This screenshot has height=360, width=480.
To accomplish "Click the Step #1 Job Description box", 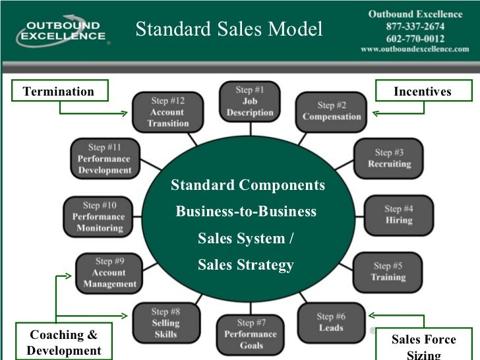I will click(x=250, y=102).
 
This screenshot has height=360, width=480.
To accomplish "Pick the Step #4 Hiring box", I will click(x=398, y=215).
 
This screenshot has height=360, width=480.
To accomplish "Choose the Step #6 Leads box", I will click(x=331, y=322).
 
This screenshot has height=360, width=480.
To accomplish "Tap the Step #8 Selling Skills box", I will click(x=165, y=322).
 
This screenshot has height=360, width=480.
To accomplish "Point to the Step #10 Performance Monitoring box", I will click(x=98, y=217).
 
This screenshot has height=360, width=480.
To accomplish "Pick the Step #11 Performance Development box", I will click(x=104, y=159).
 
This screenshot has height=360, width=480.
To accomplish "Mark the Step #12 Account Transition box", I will click(x=167, y=112).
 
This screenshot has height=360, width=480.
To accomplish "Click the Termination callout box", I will click(x=59, y=91).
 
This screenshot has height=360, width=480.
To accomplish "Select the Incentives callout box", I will click(x=422, y=91).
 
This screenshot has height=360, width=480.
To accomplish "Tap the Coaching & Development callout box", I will click(x=64, y=342).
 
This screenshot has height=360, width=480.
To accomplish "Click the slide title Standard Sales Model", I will click(x=229, y=29).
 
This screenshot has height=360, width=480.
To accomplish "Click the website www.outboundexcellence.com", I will click(x=415, y=49).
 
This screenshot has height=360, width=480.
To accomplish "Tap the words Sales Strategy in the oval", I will click(x=245, y=265).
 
